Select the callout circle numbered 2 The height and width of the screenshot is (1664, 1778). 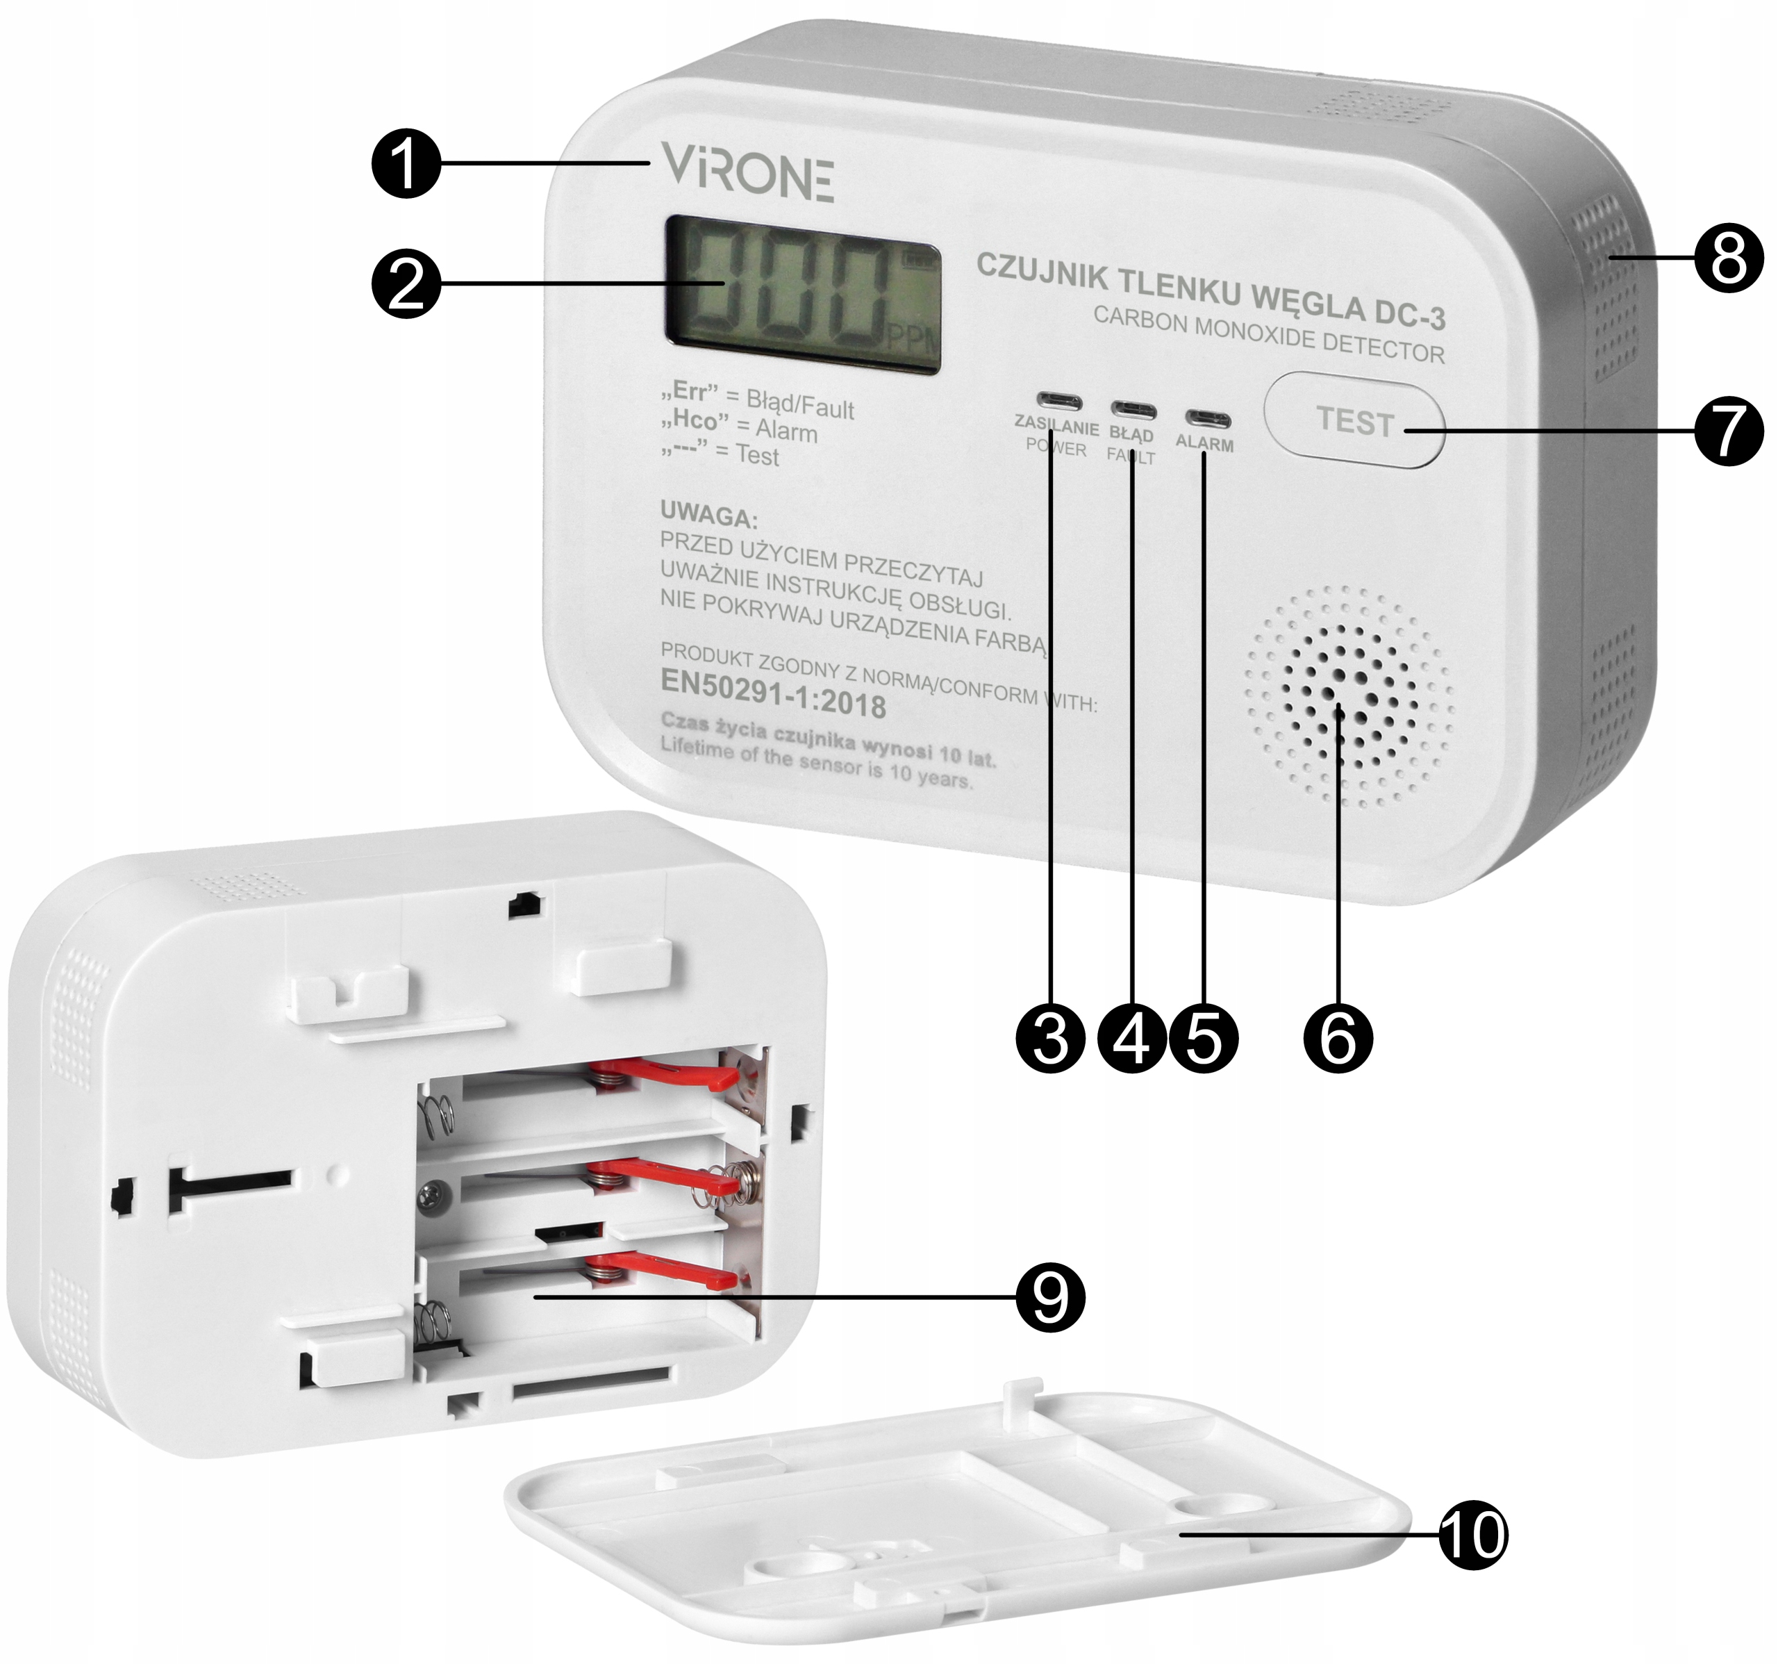tap(406, 283)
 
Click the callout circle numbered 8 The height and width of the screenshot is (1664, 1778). tap(1728, 258)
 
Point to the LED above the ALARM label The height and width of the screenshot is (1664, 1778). tap(1207, 419)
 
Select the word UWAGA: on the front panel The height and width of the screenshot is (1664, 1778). tap(708, 516)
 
